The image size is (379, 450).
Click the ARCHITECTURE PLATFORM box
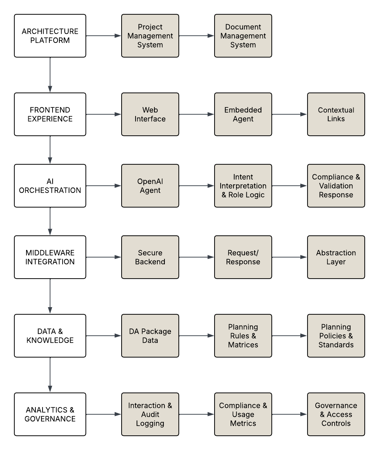point(50,36)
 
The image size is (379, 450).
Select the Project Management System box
point(150,36)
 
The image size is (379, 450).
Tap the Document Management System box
point(243,36)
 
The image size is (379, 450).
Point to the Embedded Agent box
point(243,114)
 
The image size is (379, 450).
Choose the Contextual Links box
point(336,114)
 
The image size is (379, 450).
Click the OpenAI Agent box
point(150,186)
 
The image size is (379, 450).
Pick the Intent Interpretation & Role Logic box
point(243,186)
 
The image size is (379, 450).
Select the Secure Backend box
point(150,257)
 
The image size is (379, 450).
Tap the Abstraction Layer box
point(336,257)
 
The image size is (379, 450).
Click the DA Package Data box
point(150,336)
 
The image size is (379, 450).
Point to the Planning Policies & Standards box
point(336,336)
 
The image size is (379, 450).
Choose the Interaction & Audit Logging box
point(150,414)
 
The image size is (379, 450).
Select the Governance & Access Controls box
point(336,414)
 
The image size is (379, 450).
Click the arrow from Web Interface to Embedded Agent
point(197,114)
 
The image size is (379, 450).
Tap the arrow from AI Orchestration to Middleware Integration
point(50,221)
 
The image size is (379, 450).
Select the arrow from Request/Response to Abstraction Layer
point(290,257)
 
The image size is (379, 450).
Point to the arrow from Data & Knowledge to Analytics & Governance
point(50,375)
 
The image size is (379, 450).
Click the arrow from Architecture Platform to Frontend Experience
point(50,75)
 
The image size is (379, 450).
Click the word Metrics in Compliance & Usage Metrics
point(243,423)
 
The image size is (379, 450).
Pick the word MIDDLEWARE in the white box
point(50,253)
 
